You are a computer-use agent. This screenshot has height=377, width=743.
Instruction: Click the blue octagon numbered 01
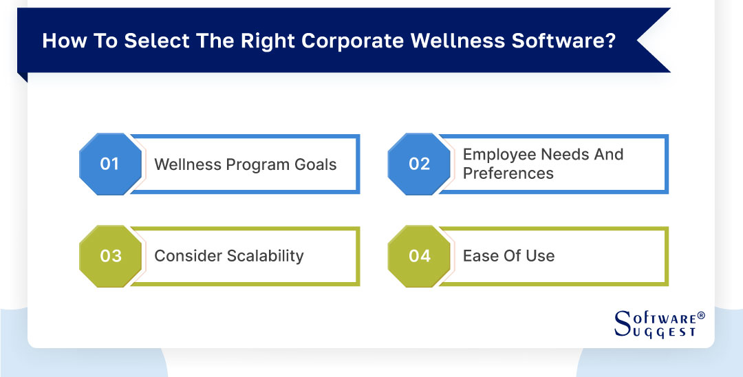(x=110, y=164)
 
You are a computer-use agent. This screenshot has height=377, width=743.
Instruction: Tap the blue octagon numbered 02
(x=419, y=164)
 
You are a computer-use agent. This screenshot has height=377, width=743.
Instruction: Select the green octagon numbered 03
(x=110, y=256)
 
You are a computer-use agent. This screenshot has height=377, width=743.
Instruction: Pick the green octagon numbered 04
(x=419, y=256)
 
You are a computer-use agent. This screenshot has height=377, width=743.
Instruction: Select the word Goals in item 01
(x=314, y=164)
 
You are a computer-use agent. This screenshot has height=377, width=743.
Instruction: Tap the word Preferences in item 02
(x=508, y=173)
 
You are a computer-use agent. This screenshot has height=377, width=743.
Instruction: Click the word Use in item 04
(x=539, y=256)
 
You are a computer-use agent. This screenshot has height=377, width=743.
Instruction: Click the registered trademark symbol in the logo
(x=701, y=315)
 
